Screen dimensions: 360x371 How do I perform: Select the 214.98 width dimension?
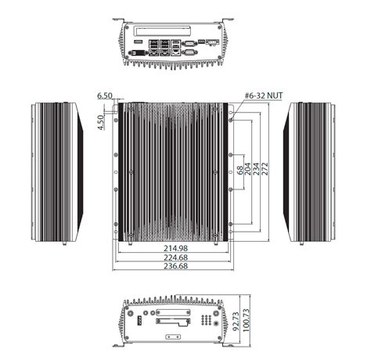[x=174, y=247]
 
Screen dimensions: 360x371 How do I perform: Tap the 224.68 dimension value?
[x=174, y=256]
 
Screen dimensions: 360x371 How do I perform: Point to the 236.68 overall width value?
[x=174, y=265]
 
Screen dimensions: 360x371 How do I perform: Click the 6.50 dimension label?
[x=105, y=95]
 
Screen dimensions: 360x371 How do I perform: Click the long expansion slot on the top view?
[x=160, y=34]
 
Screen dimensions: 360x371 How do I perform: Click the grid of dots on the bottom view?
[x=205, y=321]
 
